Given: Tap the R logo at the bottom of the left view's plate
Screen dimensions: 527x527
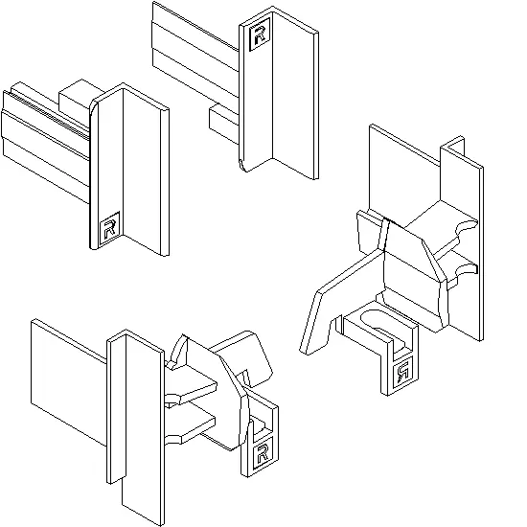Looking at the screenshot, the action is click(x=109, y=228).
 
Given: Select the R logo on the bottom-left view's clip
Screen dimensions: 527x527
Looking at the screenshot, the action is click(x=262, y=454).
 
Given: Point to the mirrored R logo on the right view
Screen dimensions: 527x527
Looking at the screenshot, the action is click(x=403, y=373).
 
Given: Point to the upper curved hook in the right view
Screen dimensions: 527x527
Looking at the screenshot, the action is click(x=467, y=226).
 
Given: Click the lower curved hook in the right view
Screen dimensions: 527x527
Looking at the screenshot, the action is click(x=467, y=269).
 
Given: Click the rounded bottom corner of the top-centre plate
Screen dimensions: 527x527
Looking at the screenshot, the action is click(x=244, y=166).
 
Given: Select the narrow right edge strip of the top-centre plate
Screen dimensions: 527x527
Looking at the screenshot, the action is click(x=316, y=105).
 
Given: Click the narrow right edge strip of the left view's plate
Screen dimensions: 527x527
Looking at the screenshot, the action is click(x=165, y=182).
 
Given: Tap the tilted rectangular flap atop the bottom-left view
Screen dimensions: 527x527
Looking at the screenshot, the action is click(x=242, y=357).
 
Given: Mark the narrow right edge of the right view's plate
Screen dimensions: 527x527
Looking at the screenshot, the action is click(x=481, y=254).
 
